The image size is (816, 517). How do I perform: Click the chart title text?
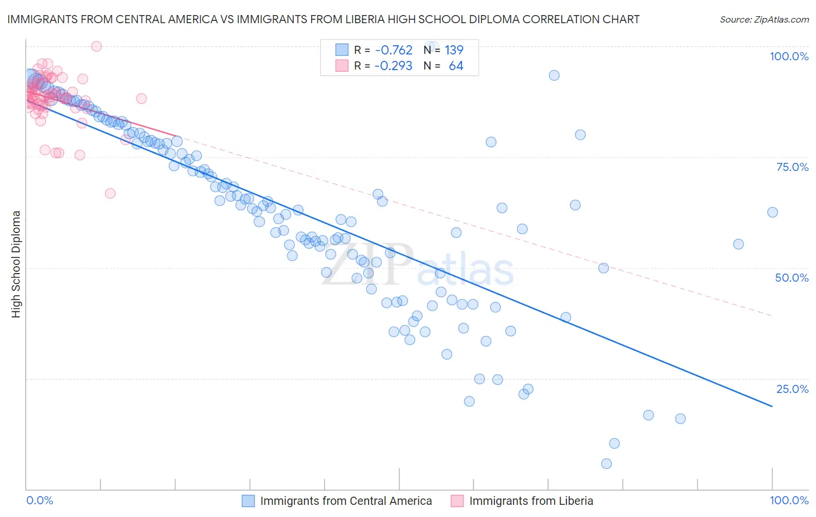click(323, 19)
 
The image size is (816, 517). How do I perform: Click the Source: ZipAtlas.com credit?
click(764, 19)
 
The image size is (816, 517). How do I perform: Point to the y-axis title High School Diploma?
click(16, 264)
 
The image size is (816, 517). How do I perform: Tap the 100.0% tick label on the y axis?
click(789, 56)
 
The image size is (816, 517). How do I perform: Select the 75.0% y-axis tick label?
click(792, 167)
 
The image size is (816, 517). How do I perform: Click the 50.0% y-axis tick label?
click(792, 278)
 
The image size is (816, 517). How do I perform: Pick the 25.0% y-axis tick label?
click(792, 389)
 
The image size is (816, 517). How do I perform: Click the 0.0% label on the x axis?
click(39, 500)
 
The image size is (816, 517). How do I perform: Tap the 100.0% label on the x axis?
click(789, 500)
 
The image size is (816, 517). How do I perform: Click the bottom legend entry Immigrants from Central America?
click(346, 501)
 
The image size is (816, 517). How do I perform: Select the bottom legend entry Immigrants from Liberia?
click(531, 501)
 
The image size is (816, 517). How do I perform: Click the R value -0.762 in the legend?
click(393, 50)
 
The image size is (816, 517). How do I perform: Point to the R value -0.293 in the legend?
click(393, 66)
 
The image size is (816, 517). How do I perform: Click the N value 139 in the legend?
click(454, 50)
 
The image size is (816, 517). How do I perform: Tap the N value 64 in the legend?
click(456, 66)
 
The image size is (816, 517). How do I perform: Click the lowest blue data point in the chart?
click(606, 464)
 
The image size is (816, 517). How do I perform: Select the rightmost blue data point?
click(772, 212)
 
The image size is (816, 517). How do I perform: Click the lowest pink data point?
click(110, 194)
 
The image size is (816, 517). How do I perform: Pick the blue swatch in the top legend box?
click(342, 50)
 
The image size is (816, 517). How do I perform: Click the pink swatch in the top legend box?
click(342, 66)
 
